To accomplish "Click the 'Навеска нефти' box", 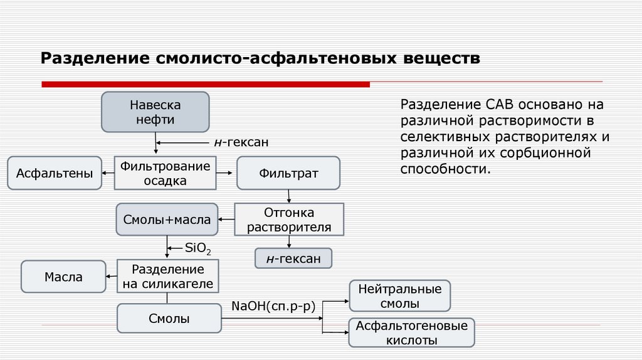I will (x=155, y=112).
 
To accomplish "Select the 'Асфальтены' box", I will (x=55, y=173).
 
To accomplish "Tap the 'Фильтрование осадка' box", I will (x=164, y=173).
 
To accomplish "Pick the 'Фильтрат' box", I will (x=288, y=173).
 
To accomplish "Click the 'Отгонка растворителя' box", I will (x=289, y=220).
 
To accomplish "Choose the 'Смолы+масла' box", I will (x=167, y=220).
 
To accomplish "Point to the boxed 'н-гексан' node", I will (x=293, y=258).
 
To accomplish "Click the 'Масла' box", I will (x=63, y=277).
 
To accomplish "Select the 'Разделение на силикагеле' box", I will (x=167, y=277).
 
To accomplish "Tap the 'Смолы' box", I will (x=169, y=319).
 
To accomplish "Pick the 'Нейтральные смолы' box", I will (x=399, y=296).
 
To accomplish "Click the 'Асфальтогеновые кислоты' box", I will (x=411, y=333).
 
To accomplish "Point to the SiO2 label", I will (x=197, y=248).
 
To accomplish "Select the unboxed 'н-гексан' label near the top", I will (x=241, y=143).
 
